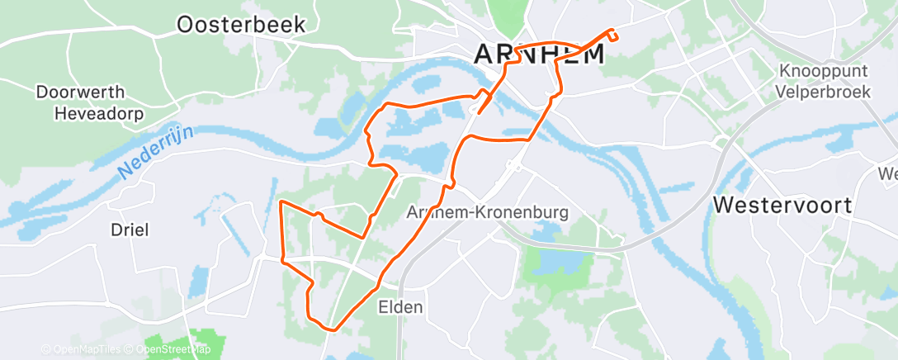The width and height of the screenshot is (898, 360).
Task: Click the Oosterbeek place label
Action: [241, 25]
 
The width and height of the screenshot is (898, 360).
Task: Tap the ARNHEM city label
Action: [539, 54]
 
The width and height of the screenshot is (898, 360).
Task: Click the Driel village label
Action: [130, 230]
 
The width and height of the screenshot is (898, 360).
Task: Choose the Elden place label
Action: [400, 308]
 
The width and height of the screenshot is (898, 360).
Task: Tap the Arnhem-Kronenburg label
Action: [488, 212]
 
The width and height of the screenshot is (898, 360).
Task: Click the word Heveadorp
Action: [98, 113]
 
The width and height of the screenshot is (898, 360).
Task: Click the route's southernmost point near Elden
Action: [330, 329]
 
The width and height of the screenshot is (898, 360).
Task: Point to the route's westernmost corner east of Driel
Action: [281, 201]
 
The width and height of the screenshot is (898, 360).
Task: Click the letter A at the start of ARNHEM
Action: [484, 54]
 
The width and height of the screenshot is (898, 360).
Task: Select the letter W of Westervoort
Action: [725, 205]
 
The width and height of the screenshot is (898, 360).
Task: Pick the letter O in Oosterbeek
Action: [187, 25]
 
